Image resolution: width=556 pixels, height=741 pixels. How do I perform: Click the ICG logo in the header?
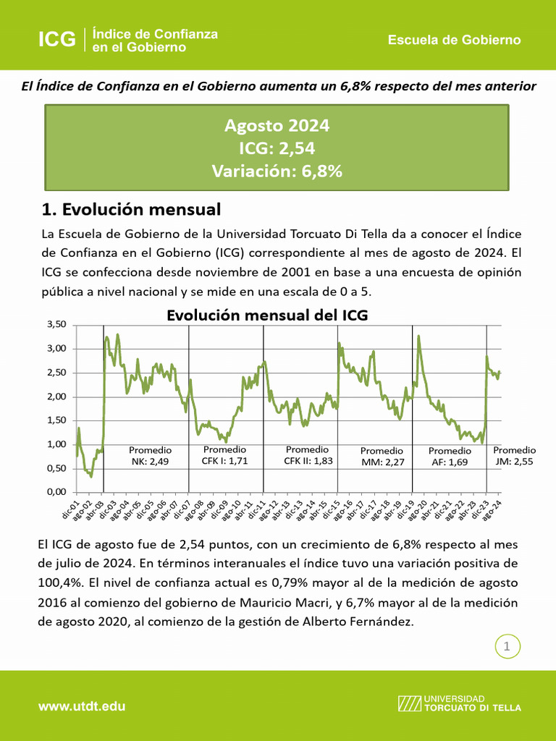(57, 40)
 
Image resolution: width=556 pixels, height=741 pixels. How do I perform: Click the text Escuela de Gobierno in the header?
(454, 40)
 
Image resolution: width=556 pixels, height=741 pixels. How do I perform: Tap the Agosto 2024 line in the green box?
(277, 126)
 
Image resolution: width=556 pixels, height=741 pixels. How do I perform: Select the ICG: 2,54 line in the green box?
(277, 148)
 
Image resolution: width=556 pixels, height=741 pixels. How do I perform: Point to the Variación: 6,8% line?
(277, 172)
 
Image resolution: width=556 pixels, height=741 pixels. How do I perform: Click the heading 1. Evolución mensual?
(131, 210)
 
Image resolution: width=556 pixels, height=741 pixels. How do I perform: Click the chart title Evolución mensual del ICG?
(267, 316)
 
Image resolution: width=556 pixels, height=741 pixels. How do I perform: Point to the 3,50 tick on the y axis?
(56, 324)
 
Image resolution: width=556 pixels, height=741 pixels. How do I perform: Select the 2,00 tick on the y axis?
(56, 397)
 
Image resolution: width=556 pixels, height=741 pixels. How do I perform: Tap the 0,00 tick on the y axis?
(56, 492)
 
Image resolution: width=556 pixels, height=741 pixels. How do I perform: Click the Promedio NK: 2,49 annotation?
(150, 456)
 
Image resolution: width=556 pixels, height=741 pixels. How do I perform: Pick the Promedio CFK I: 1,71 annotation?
(224, 455)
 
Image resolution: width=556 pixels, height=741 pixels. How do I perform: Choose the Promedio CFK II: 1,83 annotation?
(308, 455)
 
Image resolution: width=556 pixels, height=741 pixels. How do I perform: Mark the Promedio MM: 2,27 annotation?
(382, 457)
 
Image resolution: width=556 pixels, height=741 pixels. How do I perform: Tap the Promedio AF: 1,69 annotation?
(450, 457)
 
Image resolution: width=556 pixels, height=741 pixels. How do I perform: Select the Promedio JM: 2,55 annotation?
(514, 455)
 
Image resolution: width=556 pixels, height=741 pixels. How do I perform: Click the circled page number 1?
(507, 647)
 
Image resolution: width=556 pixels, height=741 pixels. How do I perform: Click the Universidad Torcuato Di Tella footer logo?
(459, 703)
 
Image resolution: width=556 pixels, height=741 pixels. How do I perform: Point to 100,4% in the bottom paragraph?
(57, 582)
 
